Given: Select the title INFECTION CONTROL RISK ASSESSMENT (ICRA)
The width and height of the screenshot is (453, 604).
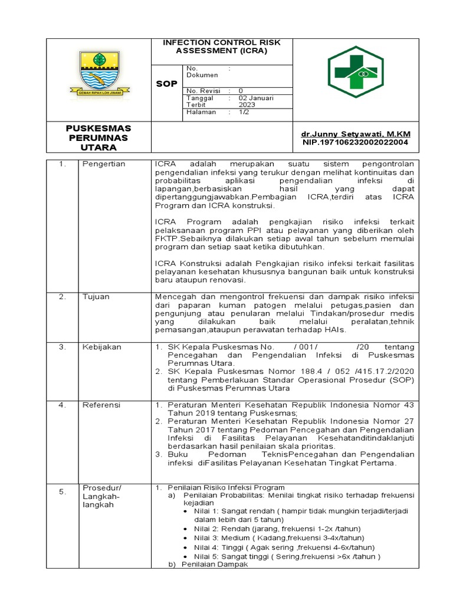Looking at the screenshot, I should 221,47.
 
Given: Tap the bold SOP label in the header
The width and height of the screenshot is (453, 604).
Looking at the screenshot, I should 166,84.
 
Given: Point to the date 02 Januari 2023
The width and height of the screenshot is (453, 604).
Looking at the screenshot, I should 256,101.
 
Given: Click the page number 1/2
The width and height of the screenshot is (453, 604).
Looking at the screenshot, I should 244,112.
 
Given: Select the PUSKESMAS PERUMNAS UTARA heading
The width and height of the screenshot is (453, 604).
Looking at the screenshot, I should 99,137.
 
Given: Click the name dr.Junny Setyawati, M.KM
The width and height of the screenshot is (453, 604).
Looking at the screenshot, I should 356,134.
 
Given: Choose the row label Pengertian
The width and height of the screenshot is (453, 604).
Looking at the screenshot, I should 104,164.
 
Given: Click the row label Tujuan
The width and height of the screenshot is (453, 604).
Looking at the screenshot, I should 96,297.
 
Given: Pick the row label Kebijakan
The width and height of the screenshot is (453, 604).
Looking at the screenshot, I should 101,347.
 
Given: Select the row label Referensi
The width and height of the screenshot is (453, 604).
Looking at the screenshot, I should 101,405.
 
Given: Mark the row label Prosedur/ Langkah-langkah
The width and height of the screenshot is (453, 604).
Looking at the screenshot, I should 102,496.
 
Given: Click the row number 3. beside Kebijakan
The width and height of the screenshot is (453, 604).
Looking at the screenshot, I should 62,347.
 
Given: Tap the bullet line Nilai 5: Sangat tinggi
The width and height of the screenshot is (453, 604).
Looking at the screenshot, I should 287,556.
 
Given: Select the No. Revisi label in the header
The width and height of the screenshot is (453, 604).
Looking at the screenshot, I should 201,91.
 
